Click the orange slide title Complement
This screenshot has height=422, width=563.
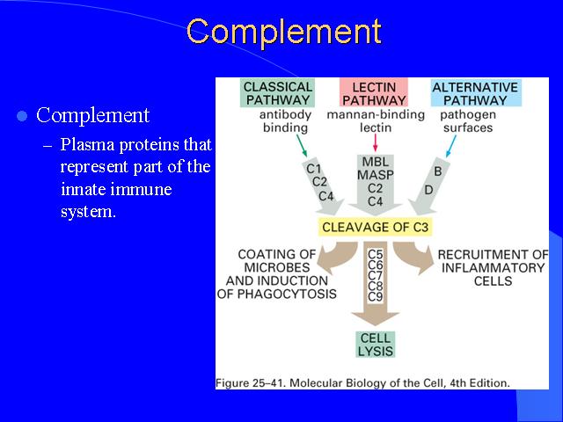tap(284, 33)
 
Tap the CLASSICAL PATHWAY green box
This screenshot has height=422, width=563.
tap(278, 93)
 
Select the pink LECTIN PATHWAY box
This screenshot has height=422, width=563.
tap(374, 93)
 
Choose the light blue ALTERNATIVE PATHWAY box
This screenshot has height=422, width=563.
tap(475, 93)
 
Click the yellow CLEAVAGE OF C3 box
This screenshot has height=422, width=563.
tap(376, 227)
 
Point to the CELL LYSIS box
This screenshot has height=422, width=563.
tap(376, 345)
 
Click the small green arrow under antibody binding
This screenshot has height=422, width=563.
tap(302, 146)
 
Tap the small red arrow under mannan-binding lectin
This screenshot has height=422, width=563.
tap(376, 142)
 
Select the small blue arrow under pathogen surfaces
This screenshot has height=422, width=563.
tap(450, 146)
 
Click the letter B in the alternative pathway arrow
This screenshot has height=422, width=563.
tap(438, 171)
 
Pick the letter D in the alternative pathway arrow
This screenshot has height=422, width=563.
tap(428, 190)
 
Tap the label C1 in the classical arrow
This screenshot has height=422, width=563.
tap(313, 169)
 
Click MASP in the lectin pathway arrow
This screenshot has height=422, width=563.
tap(376, 175)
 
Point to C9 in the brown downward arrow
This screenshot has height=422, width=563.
tap(376, 297)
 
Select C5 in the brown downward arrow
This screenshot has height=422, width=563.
tap(376, 254)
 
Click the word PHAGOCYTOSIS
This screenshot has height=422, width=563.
tap(287, 294)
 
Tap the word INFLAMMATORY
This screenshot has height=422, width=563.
tap(493, 267)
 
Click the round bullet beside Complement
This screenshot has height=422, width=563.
tap(22, 116)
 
